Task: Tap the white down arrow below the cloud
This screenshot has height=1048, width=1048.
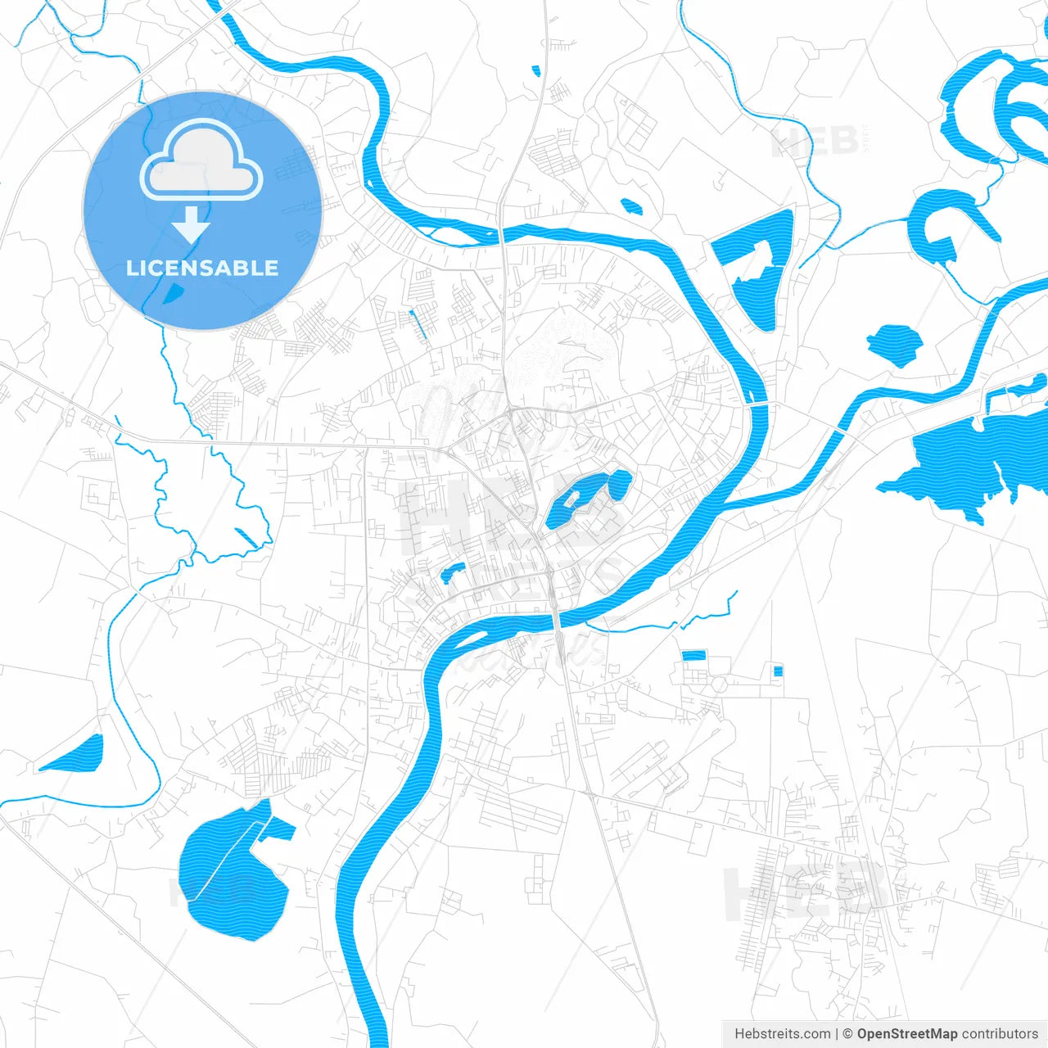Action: point(192,224)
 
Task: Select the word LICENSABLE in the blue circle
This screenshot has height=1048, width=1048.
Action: point(202,268)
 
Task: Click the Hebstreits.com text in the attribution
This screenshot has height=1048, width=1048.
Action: point(782,1034)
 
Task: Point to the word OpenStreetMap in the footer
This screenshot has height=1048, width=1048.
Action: point(906,1034)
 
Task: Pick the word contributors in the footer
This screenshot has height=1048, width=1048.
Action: point(999,1034)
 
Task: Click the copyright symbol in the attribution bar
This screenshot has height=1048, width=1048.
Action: point(847,1034)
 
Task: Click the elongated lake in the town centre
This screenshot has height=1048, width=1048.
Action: point(583,498)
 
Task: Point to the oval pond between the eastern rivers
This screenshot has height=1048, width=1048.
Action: point(894,344)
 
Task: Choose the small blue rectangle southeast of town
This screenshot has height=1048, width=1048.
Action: point(693,655)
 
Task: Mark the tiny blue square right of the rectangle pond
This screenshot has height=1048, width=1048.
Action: point(778,671)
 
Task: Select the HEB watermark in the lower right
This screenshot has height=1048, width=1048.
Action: point(802,892)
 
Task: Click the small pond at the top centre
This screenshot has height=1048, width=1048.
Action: point(536,71)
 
